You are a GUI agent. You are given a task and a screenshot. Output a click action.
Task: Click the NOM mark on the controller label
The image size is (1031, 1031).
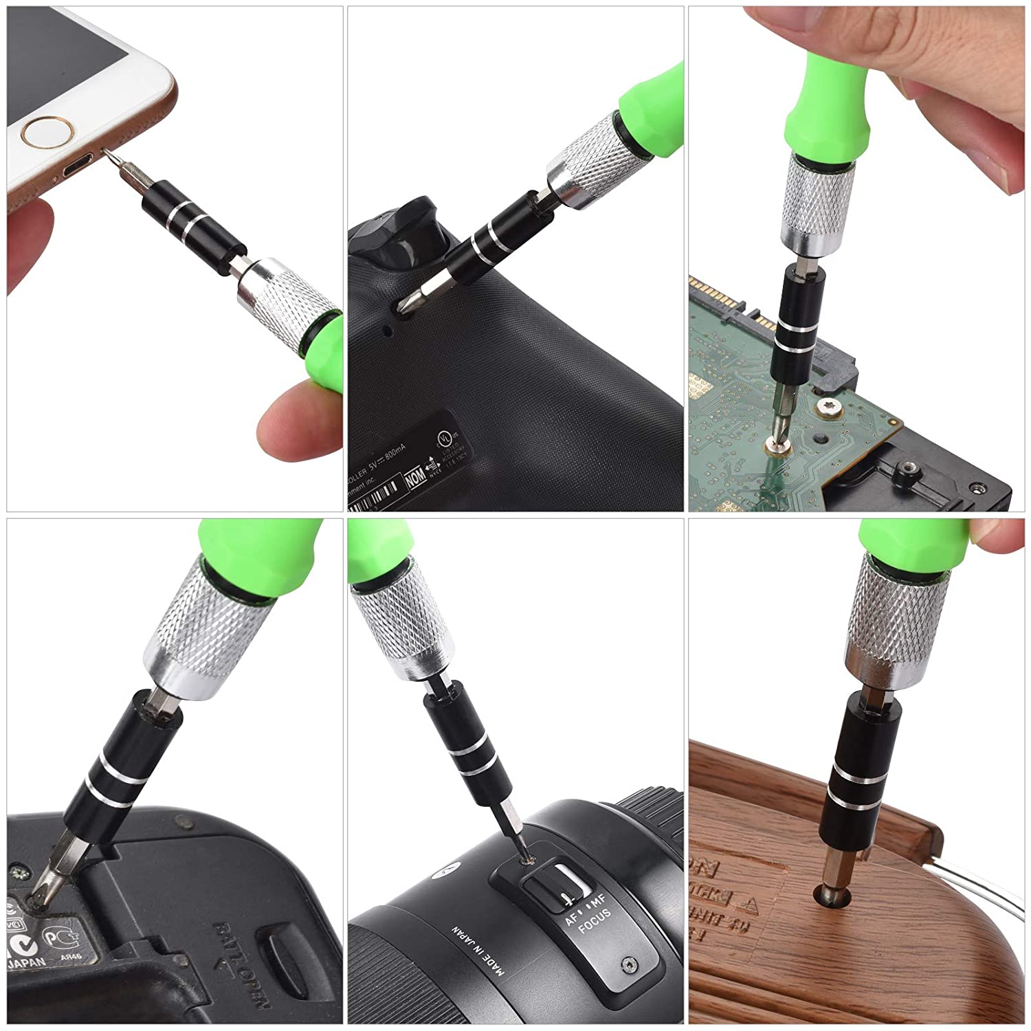coord(414,480)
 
